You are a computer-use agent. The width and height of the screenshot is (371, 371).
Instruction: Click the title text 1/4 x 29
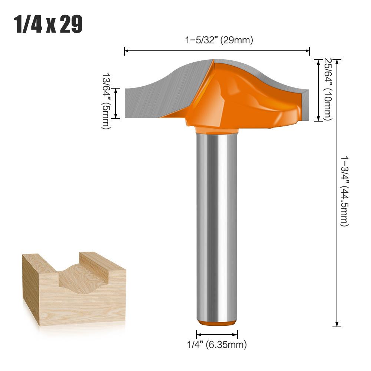coord(48,24)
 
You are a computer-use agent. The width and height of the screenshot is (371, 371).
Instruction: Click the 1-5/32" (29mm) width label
coord(219,40)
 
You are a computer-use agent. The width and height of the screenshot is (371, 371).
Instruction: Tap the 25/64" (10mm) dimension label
coord(328,89)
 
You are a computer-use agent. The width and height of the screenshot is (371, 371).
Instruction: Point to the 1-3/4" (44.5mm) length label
coord(344,191)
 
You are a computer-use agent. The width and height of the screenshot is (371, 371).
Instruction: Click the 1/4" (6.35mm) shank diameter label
coord(217,345)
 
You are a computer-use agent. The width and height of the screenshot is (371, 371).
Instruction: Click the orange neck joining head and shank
coord(217,130)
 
